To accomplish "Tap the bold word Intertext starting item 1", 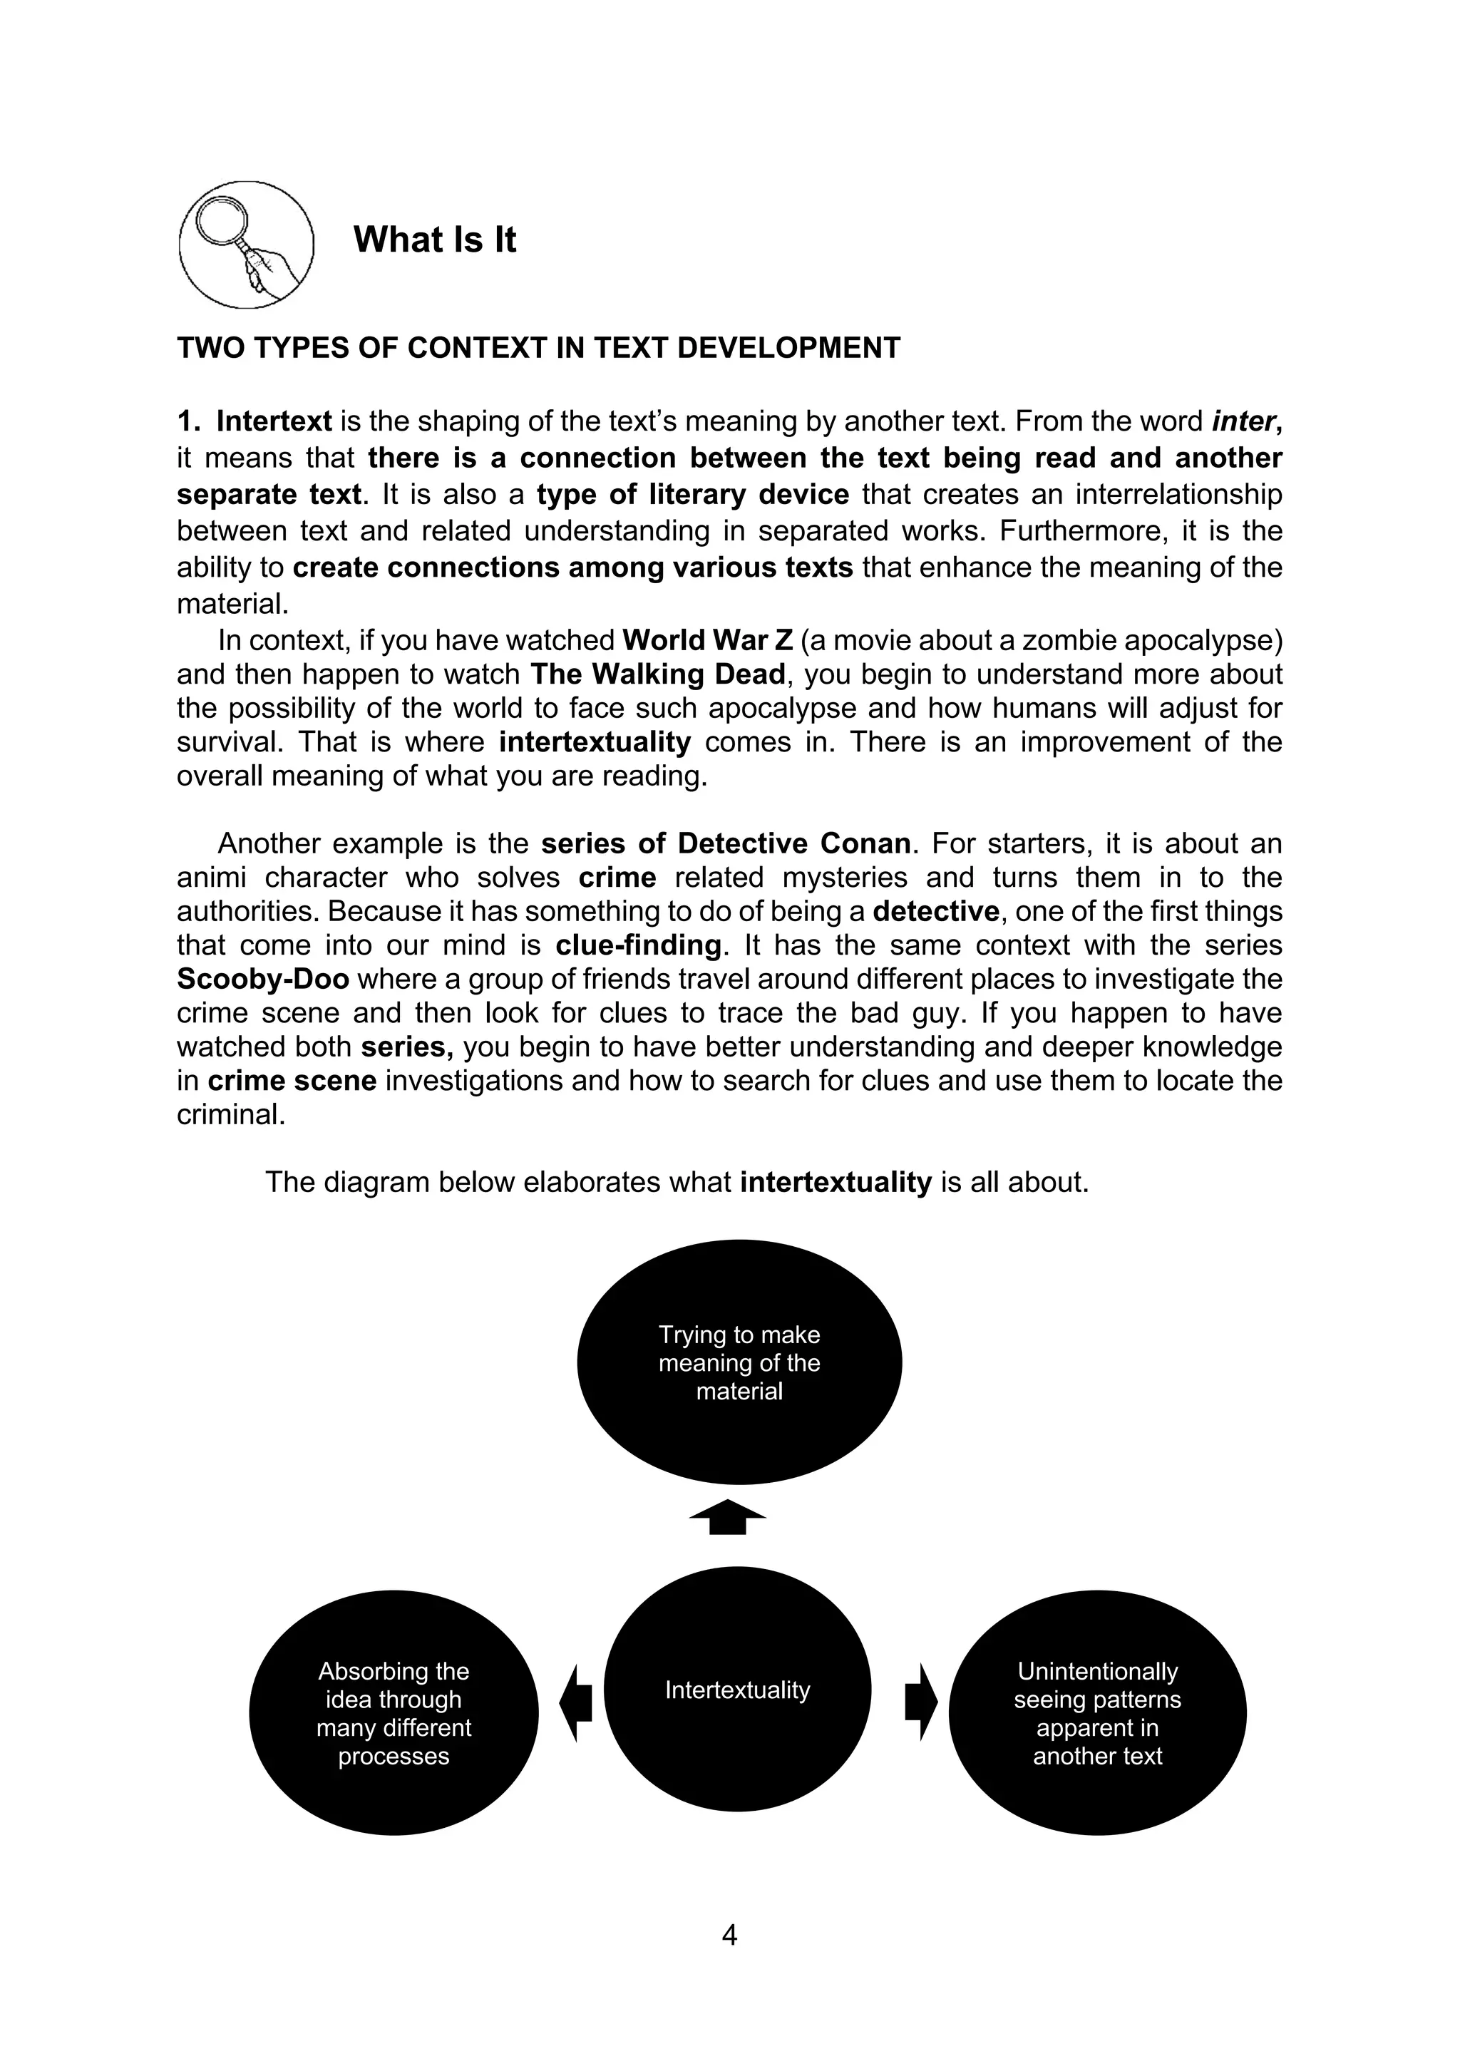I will click(274, 421).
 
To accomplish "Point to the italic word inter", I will click(1244, 421).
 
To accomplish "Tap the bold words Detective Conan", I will click(793, 844).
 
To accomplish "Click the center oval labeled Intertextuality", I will click(736, 1690).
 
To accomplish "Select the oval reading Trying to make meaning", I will click(739, 1362).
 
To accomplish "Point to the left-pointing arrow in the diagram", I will click(576, 1702).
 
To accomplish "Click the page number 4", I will click(729, 1935).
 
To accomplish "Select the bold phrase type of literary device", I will click(693, 495).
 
